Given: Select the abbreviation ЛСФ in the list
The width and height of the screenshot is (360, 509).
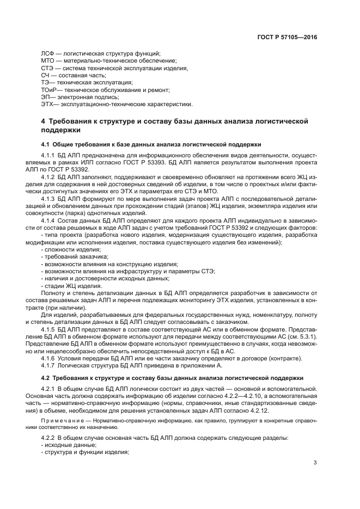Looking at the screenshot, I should tap(48, 53).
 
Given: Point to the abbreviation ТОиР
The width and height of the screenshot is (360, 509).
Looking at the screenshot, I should tap(50, 89).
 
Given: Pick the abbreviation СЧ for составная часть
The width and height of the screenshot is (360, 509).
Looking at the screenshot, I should tap(46, 75).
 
